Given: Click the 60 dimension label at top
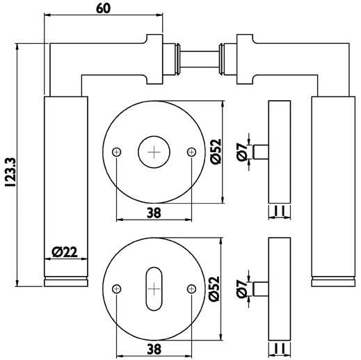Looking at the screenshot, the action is [104, 8].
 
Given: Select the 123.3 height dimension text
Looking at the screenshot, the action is [10, 172].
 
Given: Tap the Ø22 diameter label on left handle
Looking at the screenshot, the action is [65, 252].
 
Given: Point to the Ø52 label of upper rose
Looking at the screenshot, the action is [216, 152].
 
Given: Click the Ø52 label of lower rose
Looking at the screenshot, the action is [214, 288].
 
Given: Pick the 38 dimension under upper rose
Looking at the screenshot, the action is [154, 213].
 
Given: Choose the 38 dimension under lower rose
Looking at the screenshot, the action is [154, 349].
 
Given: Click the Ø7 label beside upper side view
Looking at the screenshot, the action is [242, 152].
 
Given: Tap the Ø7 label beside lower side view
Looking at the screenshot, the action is [242, 289].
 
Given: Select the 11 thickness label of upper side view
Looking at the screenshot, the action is [280, 211].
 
